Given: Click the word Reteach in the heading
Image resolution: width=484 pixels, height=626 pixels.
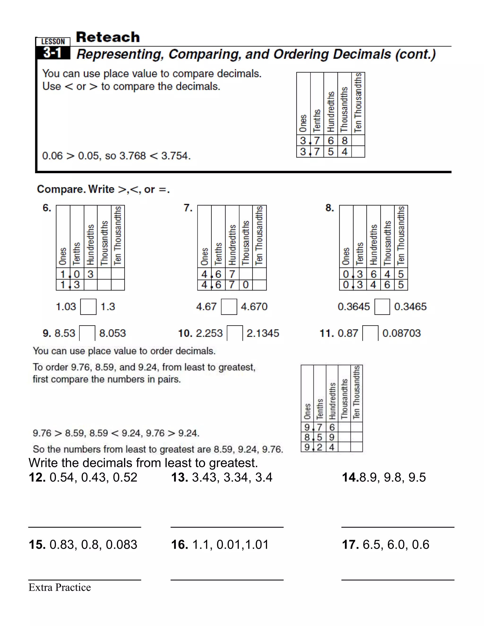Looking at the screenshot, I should click(x=108, y=37).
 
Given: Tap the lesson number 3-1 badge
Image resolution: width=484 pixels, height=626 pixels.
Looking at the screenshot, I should click(x=52, y=53).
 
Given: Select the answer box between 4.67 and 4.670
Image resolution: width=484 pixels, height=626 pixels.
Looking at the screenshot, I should click(x=229, y=307).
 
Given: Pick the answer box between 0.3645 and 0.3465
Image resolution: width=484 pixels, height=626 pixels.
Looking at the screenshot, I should click(x=382, y=307).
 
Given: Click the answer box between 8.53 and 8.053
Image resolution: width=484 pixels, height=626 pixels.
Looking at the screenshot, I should click(x=87, y=333).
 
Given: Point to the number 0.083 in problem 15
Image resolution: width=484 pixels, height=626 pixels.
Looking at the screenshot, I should click(x=121, y=545).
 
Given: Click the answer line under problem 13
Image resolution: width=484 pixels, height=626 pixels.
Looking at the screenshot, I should click(x=227, y=527).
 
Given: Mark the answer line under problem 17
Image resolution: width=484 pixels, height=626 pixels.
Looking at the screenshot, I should click(x=398, y=580).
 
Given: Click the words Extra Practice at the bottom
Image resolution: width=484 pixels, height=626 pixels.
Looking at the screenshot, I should click(x=60, y=587).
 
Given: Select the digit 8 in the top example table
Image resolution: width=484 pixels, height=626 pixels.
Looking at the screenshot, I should click(x=345, y=141).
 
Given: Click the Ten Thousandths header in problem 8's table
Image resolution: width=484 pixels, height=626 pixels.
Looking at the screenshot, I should click(x=401, y=236).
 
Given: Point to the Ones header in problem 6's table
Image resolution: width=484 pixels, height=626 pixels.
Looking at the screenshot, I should click(x=63, y=256).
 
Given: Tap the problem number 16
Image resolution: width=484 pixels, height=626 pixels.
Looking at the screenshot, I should click(x=180, y=545).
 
